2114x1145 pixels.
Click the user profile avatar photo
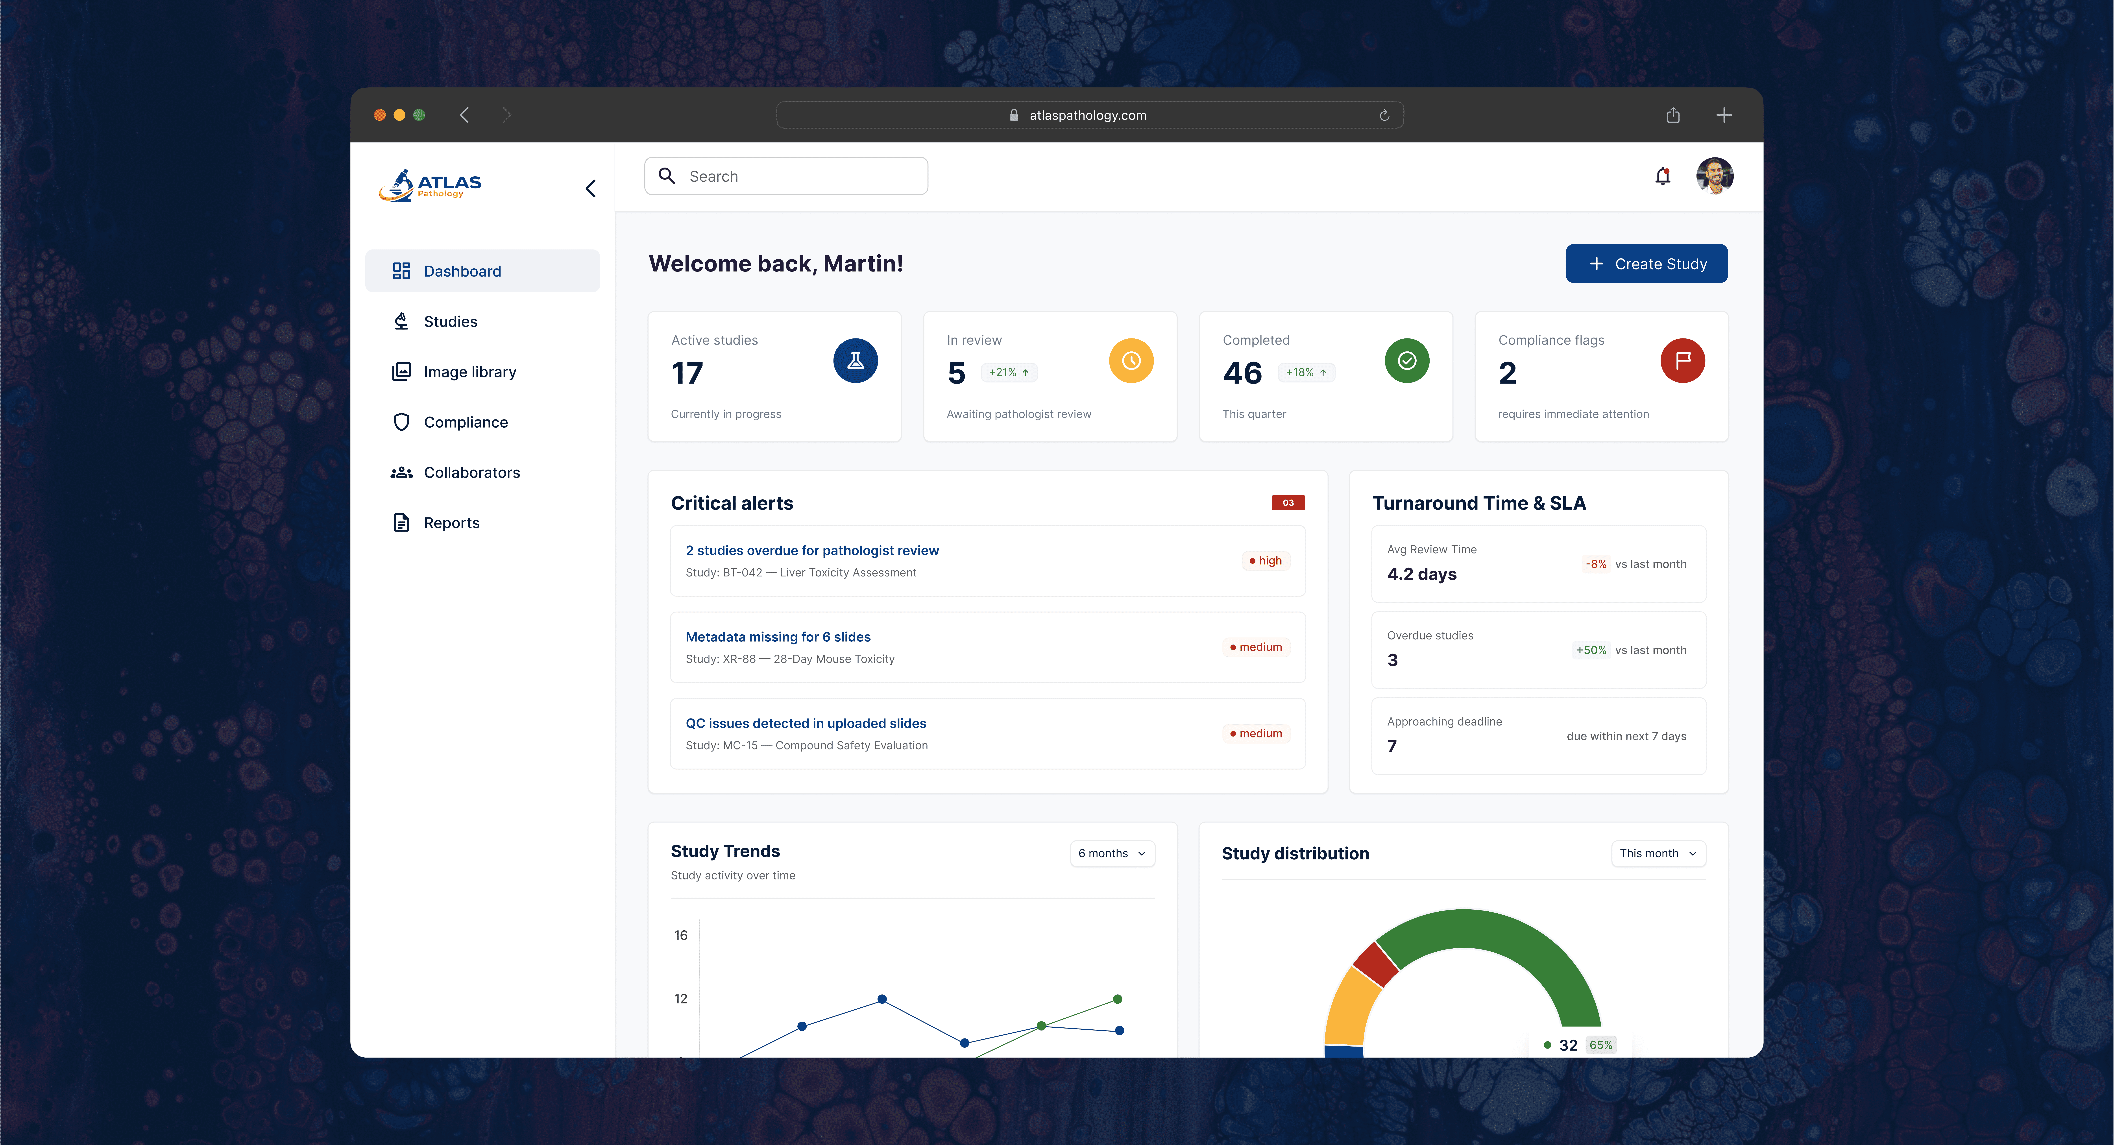(x=1714, y=176)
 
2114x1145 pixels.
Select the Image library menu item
(x=469, y=372)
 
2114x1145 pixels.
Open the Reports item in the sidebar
(x=451, y=523)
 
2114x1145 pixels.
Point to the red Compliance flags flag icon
(x=1682, y=360)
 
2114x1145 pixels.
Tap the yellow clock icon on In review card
(x=1131, y=360)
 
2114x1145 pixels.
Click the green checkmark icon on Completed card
(x=1407, y=360)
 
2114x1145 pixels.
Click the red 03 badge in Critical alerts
(x=1288, y=502)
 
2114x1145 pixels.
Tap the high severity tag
(x=1266, y=561)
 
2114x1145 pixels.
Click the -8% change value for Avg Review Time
(x=1595, y=564)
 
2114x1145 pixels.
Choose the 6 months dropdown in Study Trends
(x=1112, y=854)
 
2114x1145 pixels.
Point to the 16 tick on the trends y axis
(x=680, y=935)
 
